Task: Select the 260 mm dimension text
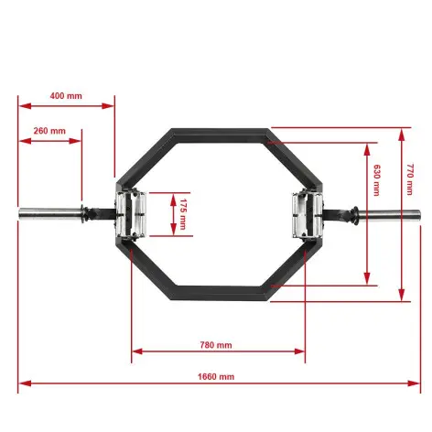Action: click(x=48, y=132)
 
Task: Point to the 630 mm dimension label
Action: click(x=377, y=179)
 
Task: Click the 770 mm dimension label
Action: click(x=411, y=179)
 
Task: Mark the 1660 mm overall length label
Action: click(x=216, y=377)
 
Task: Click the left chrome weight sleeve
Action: click(x=49, y=214)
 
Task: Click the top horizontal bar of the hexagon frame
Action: click(x=218, y=134)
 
